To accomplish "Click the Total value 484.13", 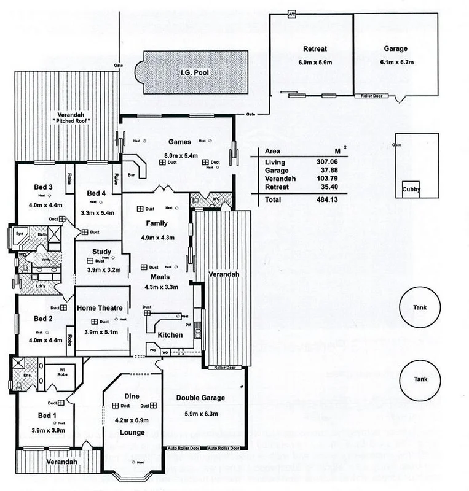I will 335,200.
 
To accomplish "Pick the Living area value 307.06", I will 335,161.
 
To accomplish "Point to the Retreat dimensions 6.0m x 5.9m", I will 315,63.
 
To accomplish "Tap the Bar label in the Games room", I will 130,175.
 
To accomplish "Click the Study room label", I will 101,251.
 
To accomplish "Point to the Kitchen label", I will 170,335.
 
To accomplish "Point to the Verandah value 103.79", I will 335,178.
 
